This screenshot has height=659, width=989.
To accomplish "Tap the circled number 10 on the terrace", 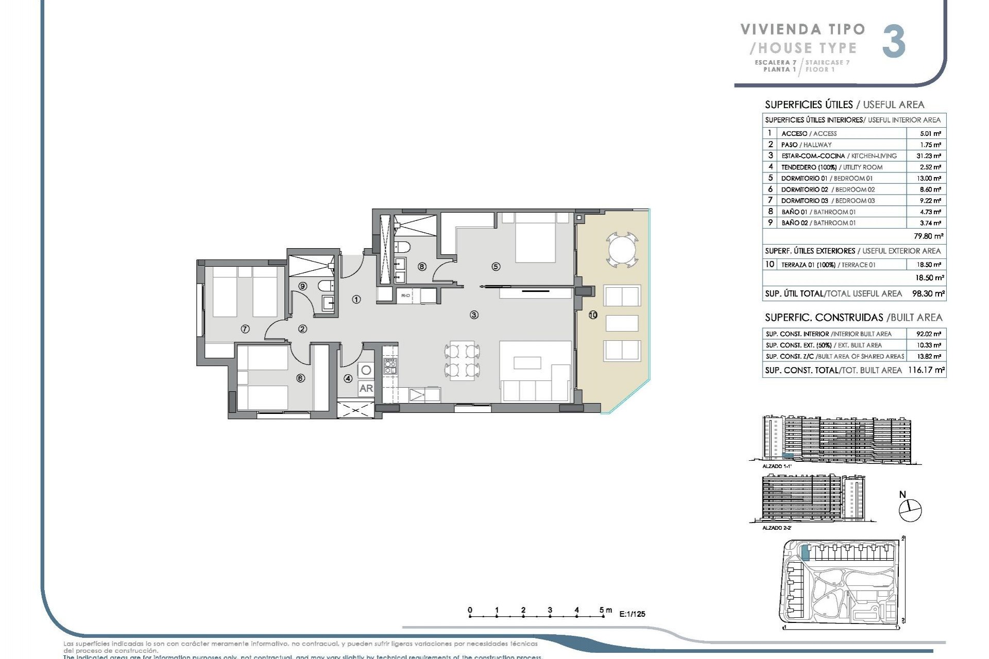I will [x=593, y=315].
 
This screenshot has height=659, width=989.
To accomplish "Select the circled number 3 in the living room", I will [x=474, y=315].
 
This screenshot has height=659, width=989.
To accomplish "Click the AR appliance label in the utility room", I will [x=366, y=388].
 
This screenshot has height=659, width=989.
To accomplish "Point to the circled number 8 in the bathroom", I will [x=422, y=267].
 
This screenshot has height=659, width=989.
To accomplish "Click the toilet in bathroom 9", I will [x=326, y=286].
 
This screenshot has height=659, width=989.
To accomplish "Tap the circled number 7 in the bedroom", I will [x=245, y=328].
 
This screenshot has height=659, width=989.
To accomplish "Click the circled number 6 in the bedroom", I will [x=301, y=378].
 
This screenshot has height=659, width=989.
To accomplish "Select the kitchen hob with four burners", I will [x=390, y=366].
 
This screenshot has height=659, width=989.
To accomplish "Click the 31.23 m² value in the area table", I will [x=930, y=156].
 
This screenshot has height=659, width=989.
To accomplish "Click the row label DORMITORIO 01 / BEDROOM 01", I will [x=827, y=178].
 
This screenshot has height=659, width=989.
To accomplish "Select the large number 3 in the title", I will [x=894, y=43].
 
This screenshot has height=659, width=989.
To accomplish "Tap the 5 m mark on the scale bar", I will [x=603, y=611].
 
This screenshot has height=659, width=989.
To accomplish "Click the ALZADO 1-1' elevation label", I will [x=776, y=466].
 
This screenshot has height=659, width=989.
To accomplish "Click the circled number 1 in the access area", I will [x=356, y=299].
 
